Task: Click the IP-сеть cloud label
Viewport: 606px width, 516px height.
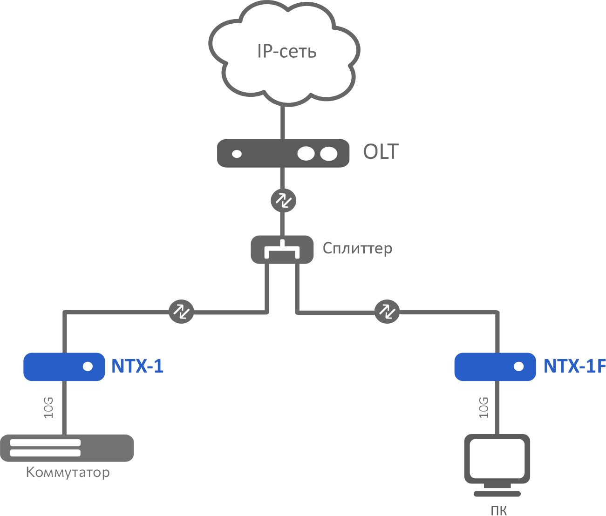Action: (x=286, y=51)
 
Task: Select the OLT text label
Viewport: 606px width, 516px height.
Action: (x=381, y=152)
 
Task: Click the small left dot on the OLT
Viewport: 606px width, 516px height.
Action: (x=237, y=154)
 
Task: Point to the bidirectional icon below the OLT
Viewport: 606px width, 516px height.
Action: (x=283, y=201)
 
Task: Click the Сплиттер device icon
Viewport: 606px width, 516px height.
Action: (x=282, y=250)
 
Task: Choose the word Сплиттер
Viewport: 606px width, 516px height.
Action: (x=357, y=248)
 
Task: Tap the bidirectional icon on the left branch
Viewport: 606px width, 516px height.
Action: (x=181, y=311)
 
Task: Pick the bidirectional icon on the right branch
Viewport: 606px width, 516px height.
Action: (x=387, y=311)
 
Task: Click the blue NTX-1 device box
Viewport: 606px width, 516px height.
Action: (x=64, y=367)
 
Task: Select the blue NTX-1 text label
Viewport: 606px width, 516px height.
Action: (x=137, y=367)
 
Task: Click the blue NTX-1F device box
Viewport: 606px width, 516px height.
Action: (x=495, y=367)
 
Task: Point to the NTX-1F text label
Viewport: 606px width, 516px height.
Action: (x=574, y=367)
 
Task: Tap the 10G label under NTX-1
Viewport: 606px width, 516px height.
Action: (x=49, y=407)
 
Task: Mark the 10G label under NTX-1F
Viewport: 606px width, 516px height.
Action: (x=484, y=407)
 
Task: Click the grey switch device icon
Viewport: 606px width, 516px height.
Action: (x=67, y=448)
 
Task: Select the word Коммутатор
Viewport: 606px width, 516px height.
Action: (x=68, y=472)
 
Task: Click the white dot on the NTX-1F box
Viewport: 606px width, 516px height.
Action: (x=519, y=367)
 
